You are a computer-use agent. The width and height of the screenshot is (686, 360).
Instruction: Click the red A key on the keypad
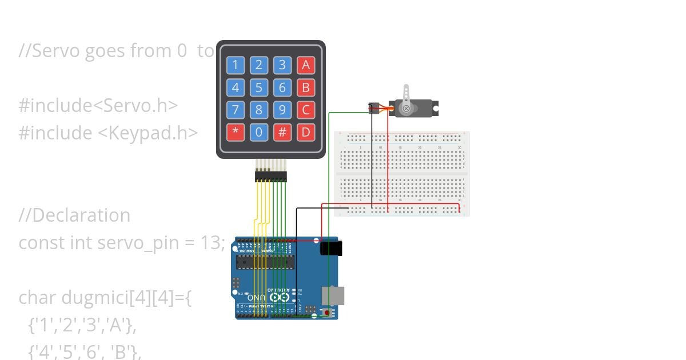(306, 65)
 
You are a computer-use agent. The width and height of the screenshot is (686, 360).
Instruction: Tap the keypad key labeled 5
(259, 88)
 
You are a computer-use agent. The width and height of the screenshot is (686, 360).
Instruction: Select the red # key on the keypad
(282, 133)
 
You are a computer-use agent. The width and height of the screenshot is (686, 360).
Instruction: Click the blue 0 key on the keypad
(259, 133)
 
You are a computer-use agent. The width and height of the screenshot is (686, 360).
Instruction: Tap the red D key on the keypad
(306, 133)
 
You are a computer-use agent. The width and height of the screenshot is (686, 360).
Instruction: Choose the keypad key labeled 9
(282, 110)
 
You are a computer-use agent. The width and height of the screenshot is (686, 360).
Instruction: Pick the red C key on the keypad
(306, 110)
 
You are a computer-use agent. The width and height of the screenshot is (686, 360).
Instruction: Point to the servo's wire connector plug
(374, 108)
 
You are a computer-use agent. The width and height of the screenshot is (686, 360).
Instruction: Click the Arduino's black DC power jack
(331, 248)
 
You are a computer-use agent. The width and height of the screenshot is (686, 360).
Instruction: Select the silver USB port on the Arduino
(332, 295)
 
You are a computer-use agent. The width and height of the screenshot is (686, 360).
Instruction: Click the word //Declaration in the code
(74, 215)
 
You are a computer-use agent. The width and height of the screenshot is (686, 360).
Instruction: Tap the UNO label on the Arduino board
(256, 298)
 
